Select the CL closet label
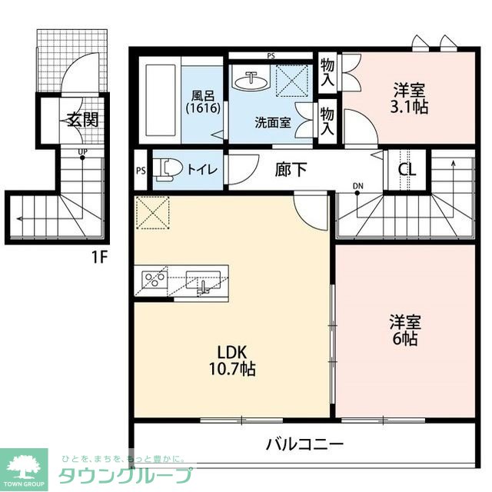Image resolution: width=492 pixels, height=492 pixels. tap(407, 170)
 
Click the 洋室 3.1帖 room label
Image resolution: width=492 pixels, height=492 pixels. tap(408, 98)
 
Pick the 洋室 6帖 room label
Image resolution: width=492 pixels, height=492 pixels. tap(403, 330)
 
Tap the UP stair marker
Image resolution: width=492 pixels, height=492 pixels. tap(81, 151)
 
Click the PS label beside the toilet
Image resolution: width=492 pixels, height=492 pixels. tap(141, 171)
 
